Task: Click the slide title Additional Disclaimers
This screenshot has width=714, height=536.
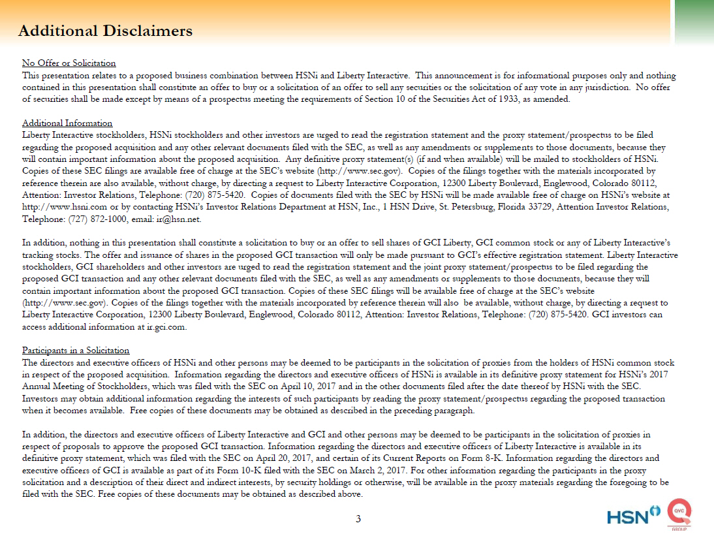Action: click(x=105, y=31)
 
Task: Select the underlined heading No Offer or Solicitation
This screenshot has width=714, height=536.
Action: click(x=69, y=63)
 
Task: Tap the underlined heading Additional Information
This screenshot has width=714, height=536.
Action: click(x=67, y=123)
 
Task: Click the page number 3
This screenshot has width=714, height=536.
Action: click(x=358, y=519)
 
